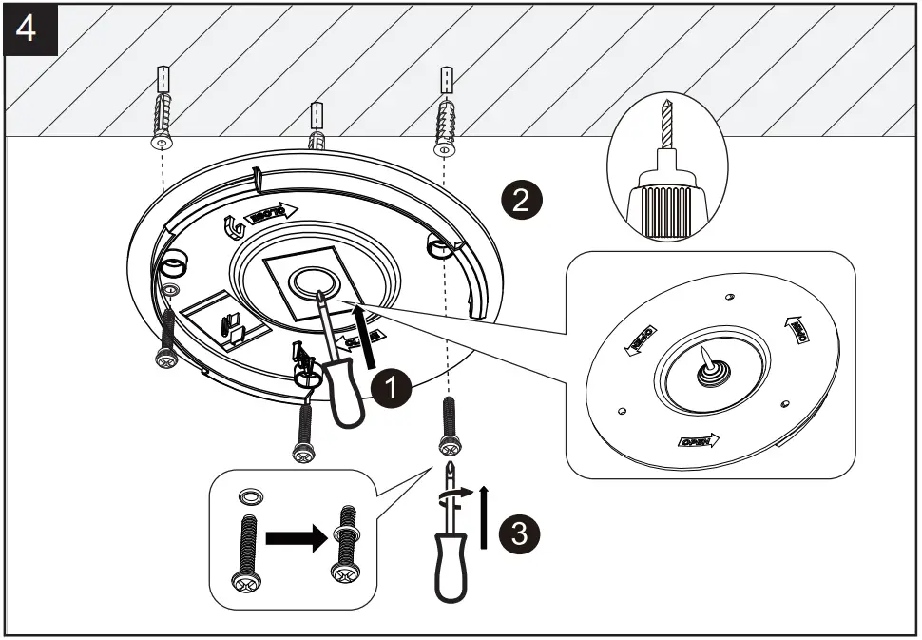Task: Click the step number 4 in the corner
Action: (28, 29)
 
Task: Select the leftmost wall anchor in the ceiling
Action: (163, 110)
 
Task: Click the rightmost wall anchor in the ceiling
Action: (445, 110)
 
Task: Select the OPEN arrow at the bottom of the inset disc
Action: (698, 441)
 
